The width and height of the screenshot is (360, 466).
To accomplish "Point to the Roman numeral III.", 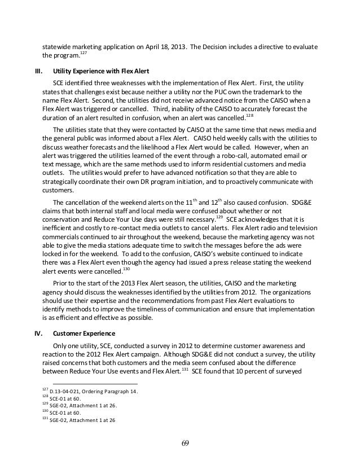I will [x=39, y=72].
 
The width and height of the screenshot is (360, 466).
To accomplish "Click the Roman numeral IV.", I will [x=39, y=332].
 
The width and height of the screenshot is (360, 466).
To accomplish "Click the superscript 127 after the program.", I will [x=83, y=53].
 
